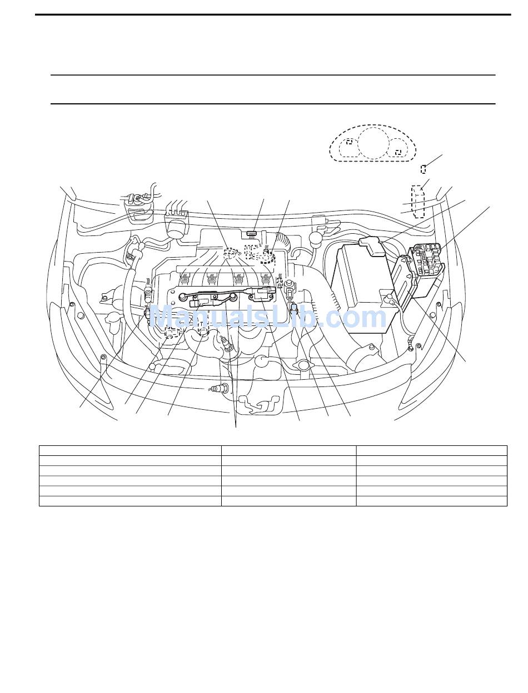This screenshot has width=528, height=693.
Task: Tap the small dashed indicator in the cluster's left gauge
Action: coord(349,142)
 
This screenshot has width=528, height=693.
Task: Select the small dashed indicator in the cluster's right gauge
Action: coord(398,153)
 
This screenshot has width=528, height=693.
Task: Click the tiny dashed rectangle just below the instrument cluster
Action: coord(423,169)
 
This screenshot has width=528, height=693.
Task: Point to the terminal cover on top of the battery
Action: coord(372,246)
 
